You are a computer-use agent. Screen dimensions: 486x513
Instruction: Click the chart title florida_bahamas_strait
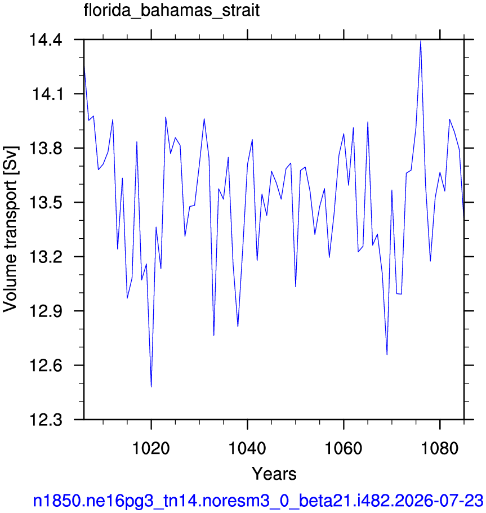click(172, 11)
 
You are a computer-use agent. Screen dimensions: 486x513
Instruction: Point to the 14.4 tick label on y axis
click(46, 40)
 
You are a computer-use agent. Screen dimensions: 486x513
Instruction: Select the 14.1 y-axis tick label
click(47, 95)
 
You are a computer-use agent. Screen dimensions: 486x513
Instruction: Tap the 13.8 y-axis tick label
click(46, 149)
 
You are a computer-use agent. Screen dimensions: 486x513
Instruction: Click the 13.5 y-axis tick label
click(46, 203)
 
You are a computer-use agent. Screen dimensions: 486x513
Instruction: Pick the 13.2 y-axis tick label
click(46, 257)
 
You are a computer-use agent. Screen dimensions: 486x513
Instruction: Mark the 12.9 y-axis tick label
click(46, 311)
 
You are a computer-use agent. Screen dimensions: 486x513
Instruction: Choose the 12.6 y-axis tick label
click(46, 365)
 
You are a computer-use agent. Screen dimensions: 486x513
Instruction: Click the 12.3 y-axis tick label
click(46, 420)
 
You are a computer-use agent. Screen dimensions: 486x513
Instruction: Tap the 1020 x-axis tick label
click(151, 448)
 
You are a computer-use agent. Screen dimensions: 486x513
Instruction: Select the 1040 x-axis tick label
click(247, 448)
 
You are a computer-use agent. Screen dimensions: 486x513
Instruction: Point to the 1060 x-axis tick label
click(344, 448)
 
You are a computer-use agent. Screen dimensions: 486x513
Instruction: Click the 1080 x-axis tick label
click(439, 448)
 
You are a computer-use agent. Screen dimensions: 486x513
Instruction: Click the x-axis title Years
click(274, 474)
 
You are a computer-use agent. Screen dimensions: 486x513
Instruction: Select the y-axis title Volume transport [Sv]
click(10, 229)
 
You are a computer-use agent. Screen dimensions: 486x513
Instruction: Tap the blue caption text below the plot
click(258, 501)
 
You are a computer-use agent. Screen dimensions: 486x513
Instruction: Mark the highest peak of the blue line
click(421, 41)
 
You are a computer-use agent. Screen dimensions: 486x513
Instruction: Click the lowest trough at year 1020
click(151, 387)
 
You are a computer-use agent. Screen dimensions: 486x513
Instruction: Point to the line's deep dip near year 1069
click(387, 355)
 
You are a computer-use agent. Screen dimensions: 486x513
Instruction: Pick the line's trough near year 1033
click(213, 336)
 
